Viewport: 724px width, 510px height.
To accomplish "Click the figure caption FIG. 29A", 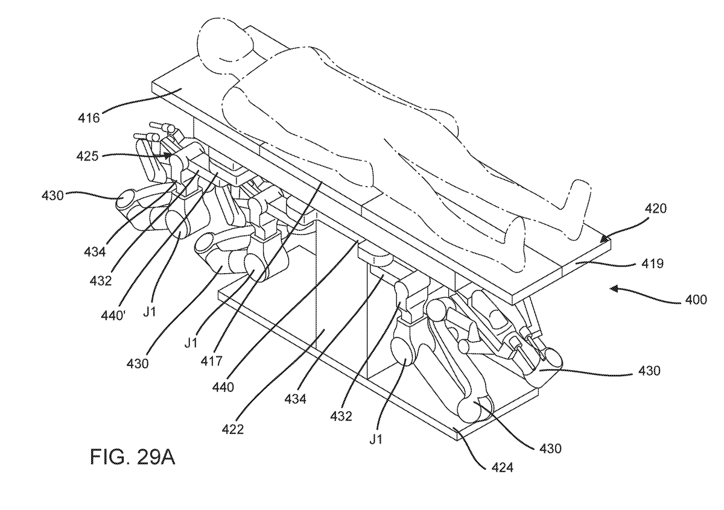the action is click(x=133, y=457).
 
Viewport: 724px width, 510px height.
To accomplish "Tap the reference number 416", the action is click(x=89, y=118).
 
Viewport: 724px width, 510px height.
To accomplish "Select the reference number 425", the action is click(x=87, y=157).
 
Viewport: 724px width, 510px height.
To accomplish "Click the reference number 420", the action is click(x=656, y=209).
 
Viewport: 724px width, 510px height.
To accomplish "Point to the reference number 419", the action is click(x=653, y=264).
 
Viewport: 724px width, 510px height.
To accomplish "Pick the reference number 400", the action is click(x=696, y=300).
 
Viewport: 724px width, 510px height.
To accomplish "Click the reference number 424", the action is click(x=503, y=467).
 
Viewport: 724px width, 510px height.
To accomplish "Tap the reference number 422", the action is click(x=233, y=429).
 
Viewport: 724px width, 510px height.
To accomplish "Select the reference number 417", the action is click(x=212, y=360).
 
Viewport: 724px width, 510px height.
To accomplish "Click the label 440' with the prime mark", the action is click(x=113, y=315).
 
